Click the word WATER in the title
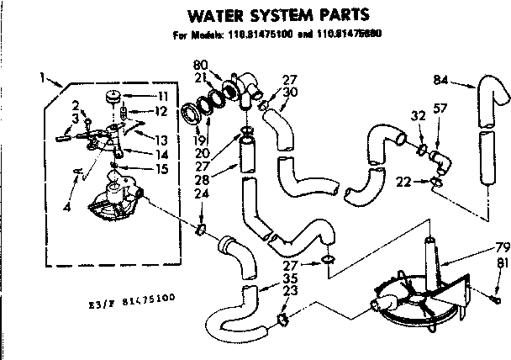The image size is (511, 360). pyautogui.click(x=210, y=14)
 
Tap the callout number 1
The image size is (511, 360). pyautogui.click(x=42, y=77)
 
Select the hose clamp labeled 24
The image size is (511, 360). pyautogui.click(x=202, y=228)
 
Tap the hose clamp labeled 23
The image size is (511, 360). pyautogui.click(x=283, y=317)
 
